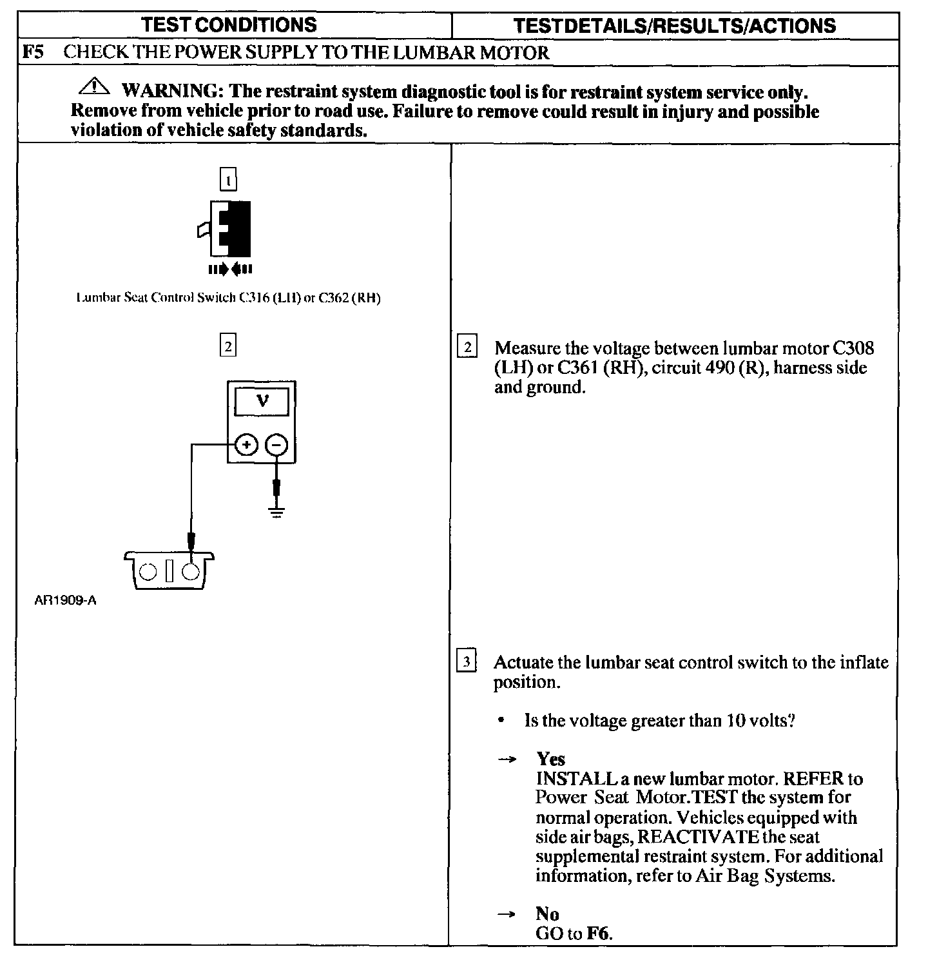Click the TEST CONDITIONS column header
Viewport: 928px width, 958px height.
(229, 25)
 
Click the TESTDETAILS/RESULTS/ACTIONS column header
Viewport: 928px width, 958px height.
(675, 26)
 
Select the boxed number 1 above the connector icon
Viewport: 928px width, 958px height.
(229, 180)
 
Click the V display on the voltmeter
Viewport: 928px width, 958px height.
(262, 402)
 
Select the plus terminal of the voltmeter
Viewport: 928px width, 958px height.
(247, 445)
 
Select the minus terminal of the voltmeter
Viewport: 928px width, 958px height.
(277, 445)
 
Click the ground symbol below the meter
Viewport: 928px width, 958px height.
(277, 513)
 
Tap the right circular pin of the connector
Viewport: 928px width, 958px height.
(191, 571)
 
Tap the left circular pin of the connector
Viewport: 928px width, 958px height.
(148, 571)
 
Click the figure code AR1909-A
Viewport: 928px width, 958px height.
(66, 601)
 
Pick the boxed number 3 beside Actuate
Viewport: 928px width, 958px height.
(467, 661)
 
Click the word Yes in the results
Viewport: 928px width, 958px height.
(550, 759)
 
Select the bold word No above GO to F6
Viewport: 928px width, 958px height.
(547, 914)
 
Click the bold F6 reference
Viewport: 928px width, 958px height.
(598, 933)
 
